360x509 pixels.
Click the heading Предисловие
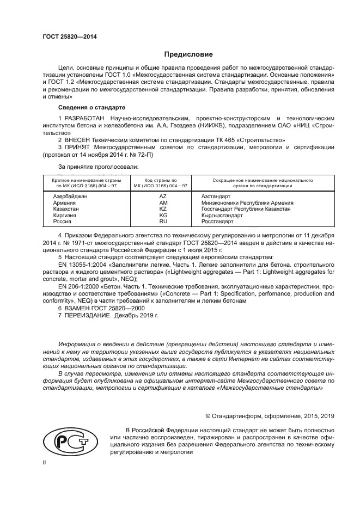(x=185, y=54)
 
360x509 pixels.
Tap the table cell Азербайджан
(x=70, y=195)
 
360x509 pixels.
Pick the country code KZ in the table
(x=162, y=208)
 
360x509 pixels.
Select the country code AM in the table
(x=162, y=202)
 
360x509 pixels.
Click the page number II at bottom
(x=45, y=462)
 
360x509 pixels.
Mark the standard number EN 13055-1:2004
(x=80, y=264)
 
